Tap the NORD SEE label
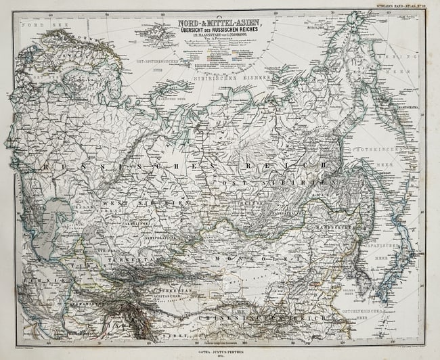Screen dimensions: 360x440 [x=37, y=24]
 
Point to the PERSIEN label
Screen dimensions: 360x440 [x=33, y=278]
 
